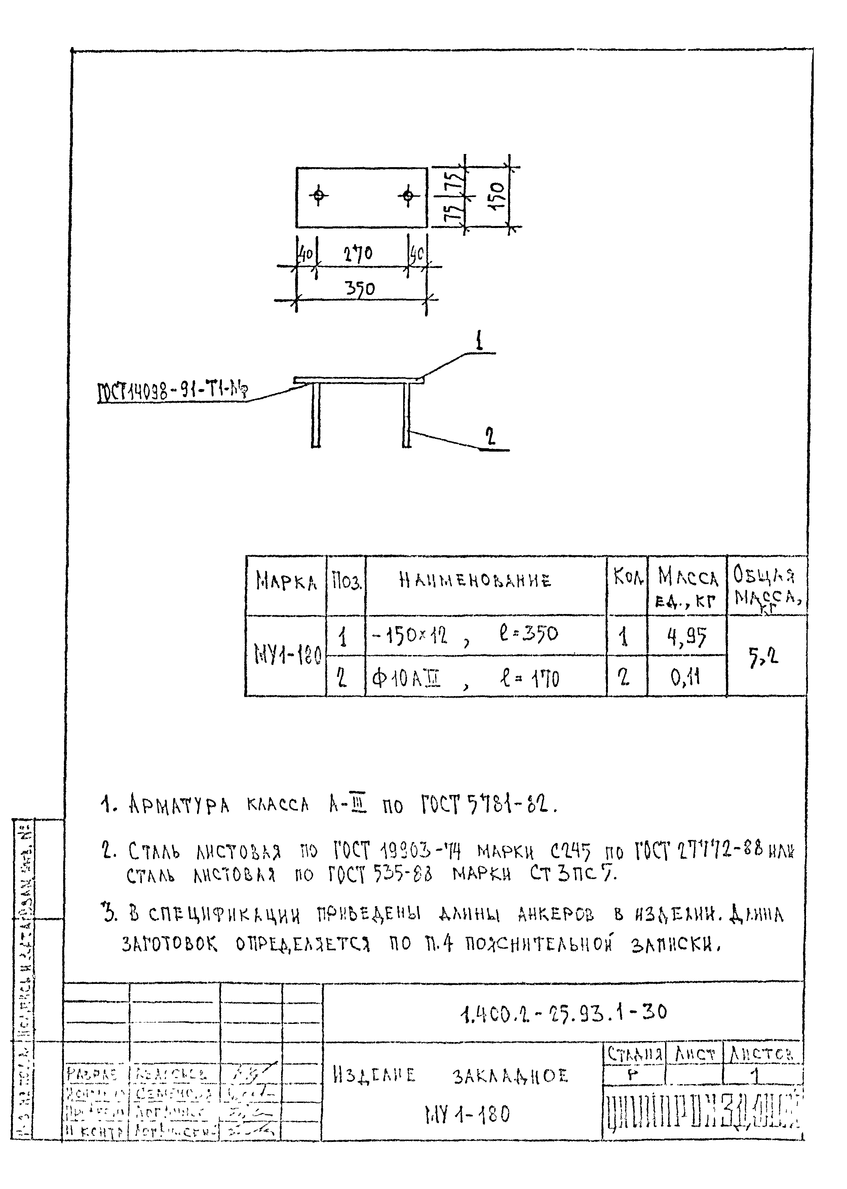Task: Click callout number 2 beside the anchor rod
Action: [489, 436]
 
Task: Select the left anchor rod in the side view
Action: [315, 415]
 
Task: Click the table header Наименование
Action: [475, 580]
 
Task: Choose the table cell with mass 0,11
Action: [686, 677]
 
